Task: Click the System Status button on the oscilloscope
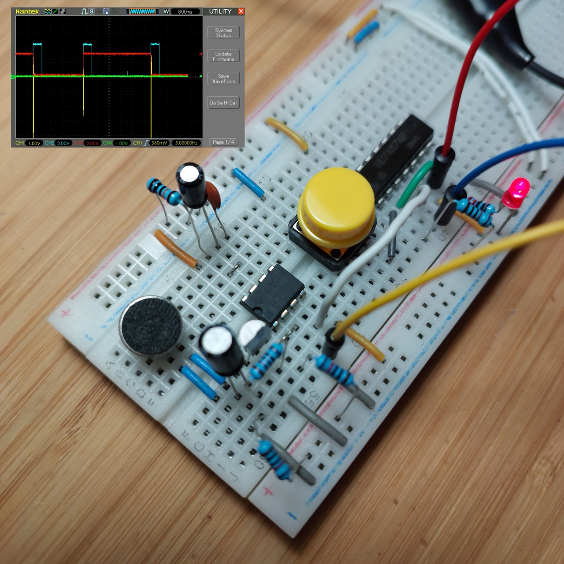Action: coord(223,33)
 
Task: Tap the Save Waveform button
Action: coord(223,78)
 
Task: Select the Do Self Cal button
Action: coord(223,103)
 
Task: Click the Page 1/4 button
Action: coord(223,142)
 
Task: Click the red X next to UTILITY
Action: coord(241,11)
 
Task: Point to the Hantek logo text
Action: coord(27,11)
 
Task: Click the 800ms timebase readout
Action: coord(185,11)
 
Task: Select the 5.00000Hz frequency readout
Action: coord(186,143)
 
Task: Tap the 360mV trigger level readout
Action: coord(159,143)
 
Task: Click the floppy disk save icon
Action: coord(106,11)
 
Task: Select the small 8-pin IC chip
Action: coord(272,292)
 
